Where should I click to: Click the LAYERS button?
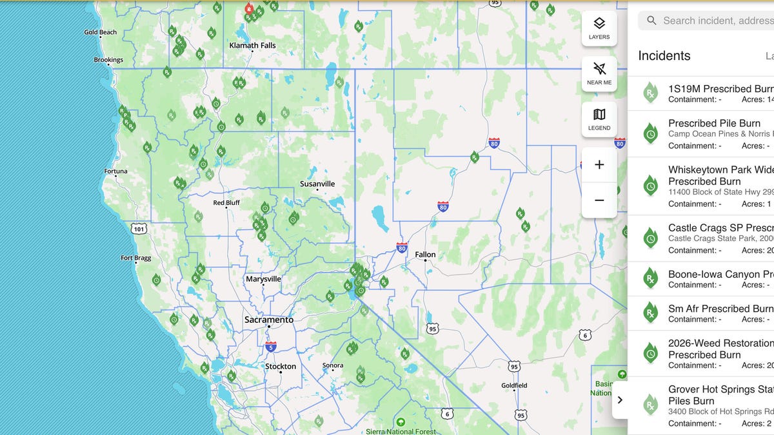(599, 28)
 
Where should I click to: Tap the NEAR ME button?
(599, 73)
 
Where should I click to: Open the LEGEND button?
(599, 119)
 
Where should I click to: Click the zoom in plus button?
(599, 165)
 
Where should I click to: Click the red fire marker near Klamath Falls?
(249, 9)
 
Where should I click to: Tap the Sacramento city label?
(268, 320)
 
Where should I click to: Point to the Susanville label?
(317, 184)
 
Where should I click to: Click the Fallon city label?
(425, 255)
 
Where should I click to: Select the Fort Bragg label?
(135, 258)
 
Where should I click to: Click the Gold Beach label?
(101, 32)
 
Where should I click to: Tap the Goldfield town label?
(514, 385)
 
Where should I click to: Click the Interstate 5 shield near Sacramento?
(271, 346)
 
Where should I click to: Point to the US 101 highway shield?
(138, 228)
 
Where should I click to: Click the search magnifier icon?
(651, 21)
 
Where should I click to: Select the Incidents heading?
(664, 56)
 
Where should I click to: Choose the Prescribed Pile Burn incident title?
(714, 123)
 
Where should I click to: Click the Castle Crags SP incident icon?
(651, 238)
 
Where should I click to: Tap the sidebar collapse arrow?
(620, 400)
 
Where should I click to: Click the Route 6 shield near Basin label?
(584, 334)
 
